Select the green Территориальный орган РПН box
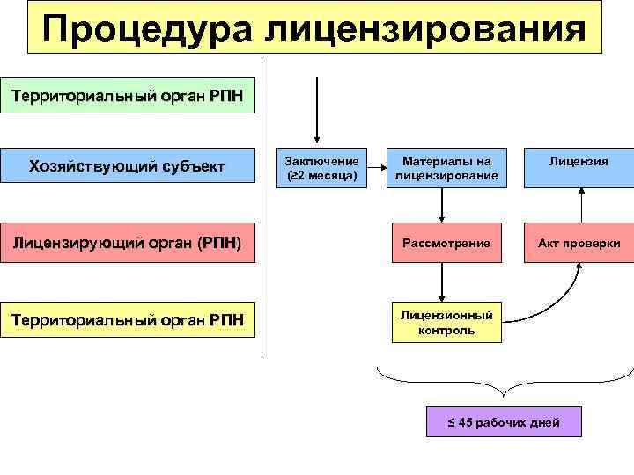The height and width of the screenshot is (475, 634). [x=128, y=95]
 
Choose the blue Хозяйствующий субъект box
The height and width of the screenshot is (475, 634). [x=128, y=166]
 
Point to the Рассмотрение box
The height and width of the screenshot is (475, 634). [x=441, y=242]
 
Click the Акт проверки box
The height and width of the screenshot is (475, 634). [x=580, y=242]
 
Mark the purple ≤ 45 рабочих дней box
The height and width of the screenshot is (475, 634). [x=504, y=421]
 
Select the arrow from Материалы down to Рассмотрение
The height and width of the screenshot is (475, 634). [x=441, y=206]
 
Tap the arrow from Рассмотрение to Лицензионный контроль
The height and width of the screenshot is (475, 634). [x=441, y=281]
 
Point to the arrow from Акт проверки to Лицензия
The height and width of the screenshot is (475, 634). [x=581, y=206]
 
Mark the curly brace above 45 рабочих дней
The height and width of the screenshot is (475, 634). [x=504, y=381]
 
